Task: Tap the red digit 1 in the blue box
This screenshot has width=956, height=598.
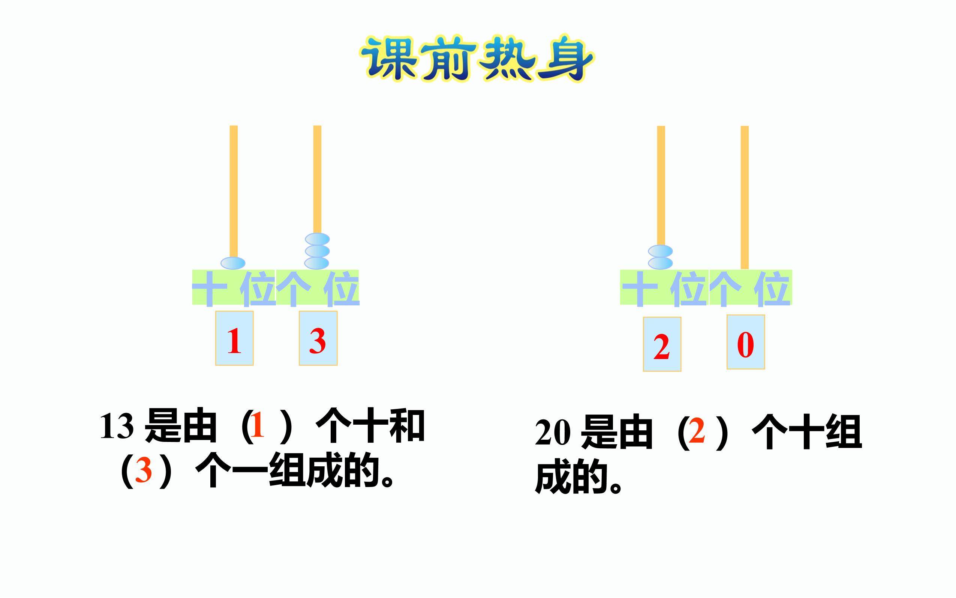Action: (x=234, y=341)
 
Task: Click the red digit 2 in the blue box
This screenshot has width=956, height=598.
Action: (x=662, y=347)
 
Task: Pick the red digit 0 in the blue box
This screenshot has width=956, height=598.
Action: (x=745, y=345)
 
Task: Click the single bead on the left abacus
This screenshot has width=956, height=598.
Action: (x=233, y=263)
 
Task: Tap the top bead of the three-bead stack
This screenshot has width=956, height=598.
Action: (x=317, y=239)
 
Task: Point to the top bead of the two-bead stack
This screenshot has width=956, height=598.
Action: (x=660, y=251)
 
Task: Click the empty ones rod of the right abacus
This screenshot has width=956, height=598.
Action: (x=745, y=197)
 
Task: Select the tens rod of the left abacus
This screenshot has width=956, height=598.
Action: (x=234, y=191)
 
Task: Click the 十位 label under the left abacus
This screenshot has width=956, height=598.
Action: (x=234, y=287)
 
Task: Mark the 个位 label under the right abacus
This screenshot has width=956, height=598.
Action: (x=751, y=287)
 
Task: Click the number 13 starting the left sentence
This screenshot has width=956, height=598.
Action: (x=117, y=427)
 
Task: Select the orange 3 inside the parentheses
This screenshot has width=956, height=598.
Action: (x=144, y=471)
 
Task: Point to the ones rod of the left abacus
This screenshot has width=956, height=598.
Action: (x=317, y=179)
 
